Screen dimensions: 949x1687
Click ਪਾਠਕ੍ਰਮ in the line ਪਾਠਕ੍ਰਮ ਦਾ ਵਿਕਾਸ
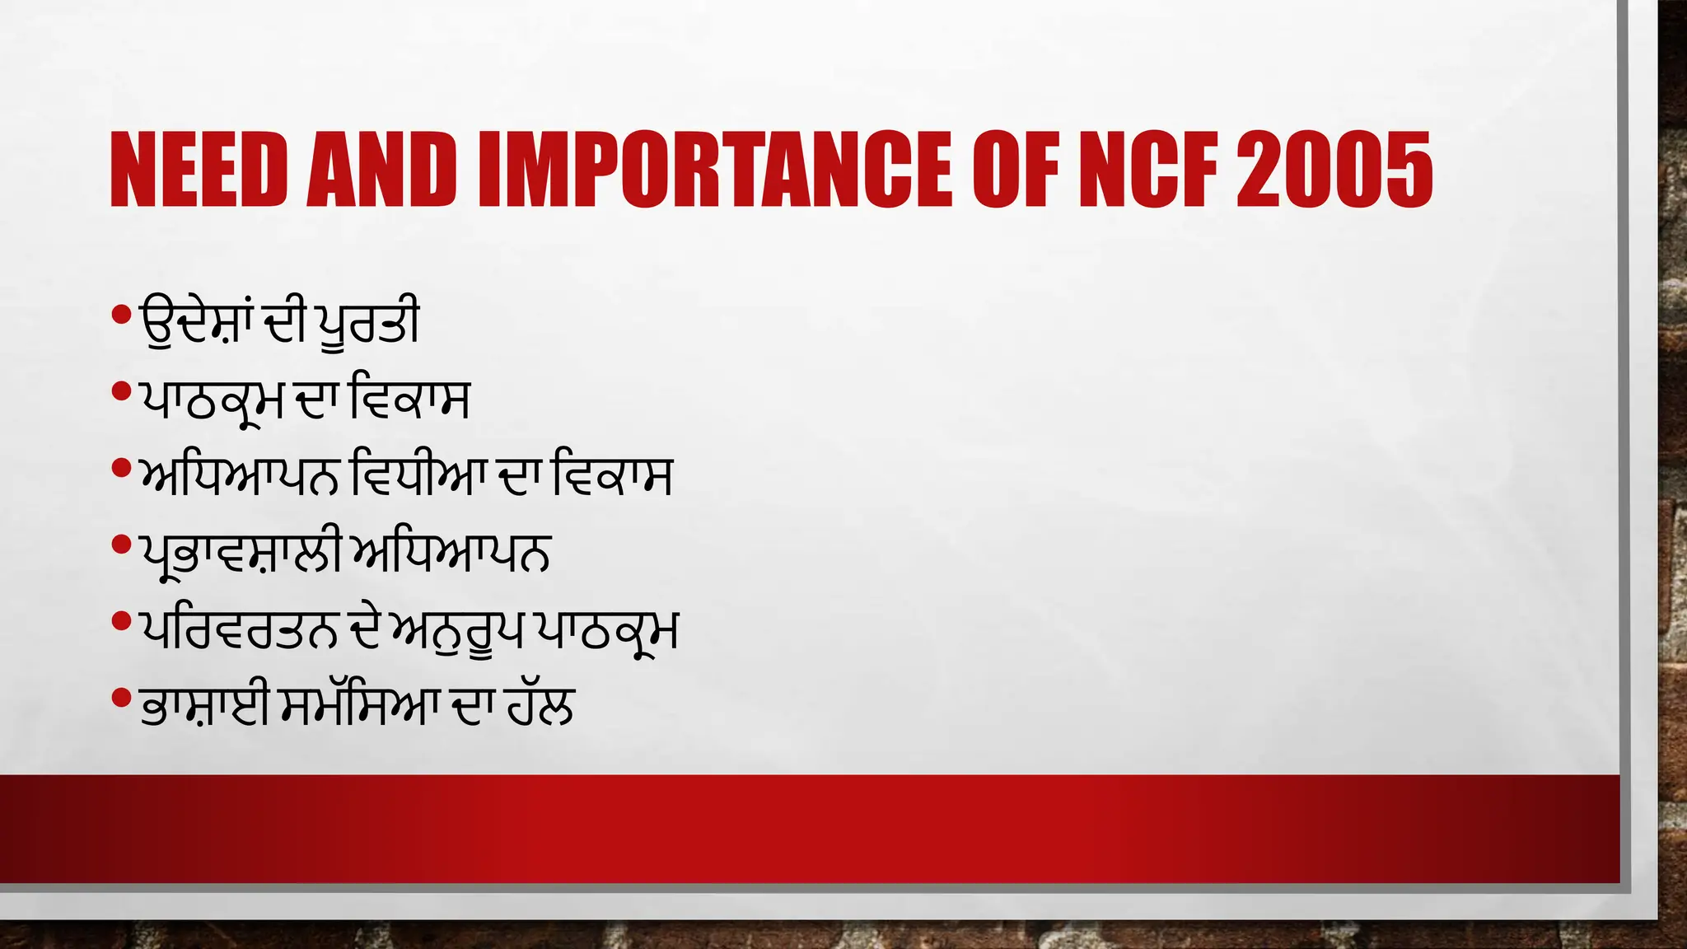213,400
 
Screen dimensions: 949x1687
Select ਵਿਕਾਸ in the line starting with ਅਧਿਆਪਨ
613,476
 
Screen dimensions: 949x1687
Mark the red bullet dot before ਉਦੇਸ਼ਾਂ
121,314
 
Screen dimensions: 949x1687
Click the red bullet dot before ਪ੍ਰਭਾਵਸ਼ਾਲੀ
121,545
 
